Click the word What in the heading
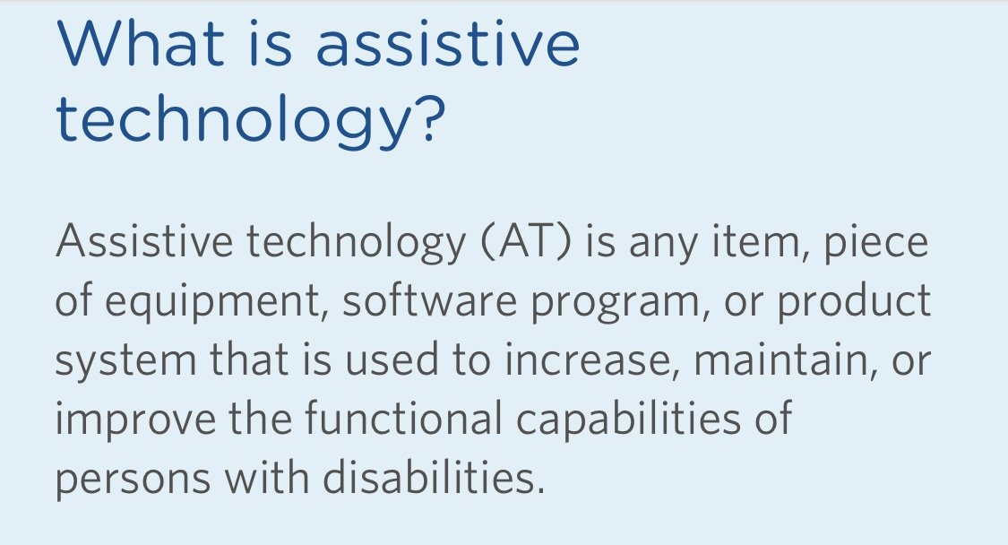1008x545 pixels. pyautogui.click(x=142, y=42)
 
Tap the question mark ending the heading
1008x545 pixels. pyautogui.click(x=426, y=117)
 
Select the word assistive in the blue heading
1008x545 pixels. pyautogui.click(x=448, y=42)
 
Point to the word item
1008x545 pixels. pyautogui.click(x=761, y=241)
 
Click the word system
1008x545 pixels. pyautogui.click(x=125, y=360)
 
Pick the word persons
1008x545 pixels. pyautogui.click(x=134, y=480)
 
